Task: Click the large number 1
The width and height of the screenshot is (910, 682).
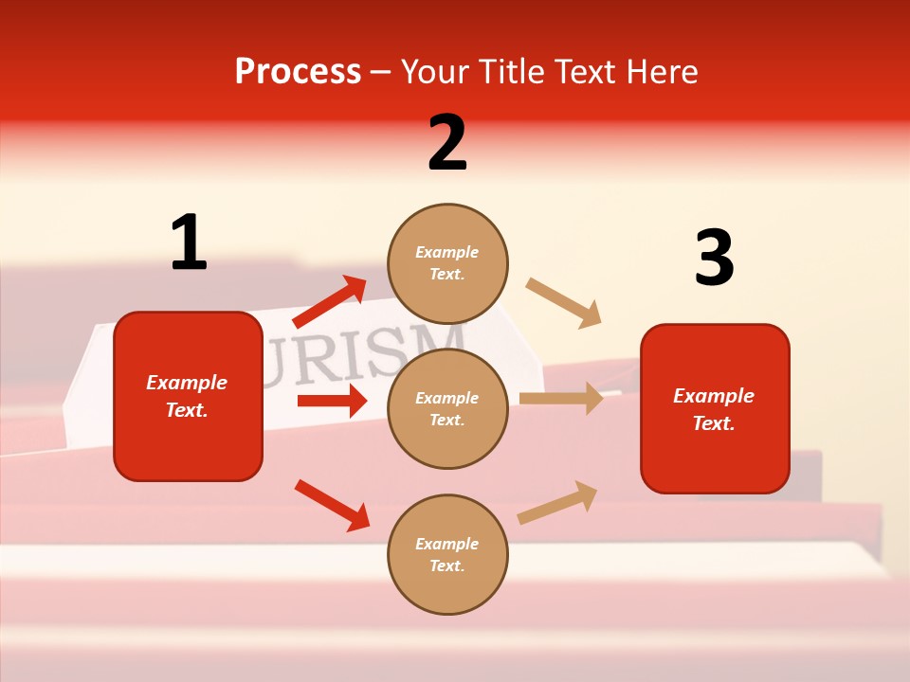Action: tap(189, 243)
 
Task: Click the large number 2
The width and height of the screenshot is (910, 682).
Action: tap(447, 143)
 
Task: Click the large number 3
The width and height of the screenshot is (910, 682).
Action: tap(714, 259)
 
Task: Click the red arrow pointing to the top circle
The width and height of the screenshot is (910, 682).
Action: tap(329, 302)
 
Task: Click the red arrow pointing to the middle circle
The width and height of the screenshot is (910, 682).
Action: tap(331, 401)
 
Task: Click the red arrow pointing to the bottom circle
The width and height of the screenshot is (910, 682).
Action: tap(332, 505)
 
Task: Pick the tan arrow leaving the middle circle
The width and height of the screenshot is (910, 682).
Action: tap(560, 399)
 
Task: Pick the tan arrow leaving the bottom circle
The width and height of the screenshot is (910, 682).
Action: tap(557, 503)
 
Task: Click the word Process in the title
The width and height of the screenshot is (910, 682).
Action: tap(298, 71)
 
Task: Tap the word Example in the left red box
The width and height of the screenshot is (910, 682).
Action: tap(187, 383)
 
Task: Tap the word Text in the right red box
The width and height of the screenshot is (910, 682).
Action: tap(713, 423)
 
